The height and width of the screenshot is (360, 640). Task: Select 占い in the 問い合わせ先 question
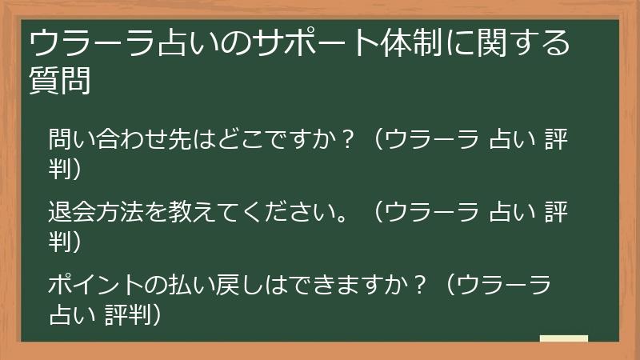point(511,141)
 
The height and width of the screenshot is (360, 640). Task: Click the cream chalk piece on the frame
point(564,339)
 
